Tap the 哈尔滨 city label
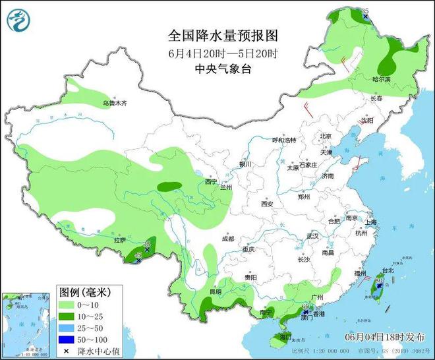[382, 79]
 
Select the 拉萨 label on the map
[119, 241]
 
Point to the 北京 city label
[326, 136]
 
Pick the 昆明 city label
[216, 291]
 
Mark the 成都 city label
[228, 239]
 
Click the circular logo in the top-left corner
[19, 20]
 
